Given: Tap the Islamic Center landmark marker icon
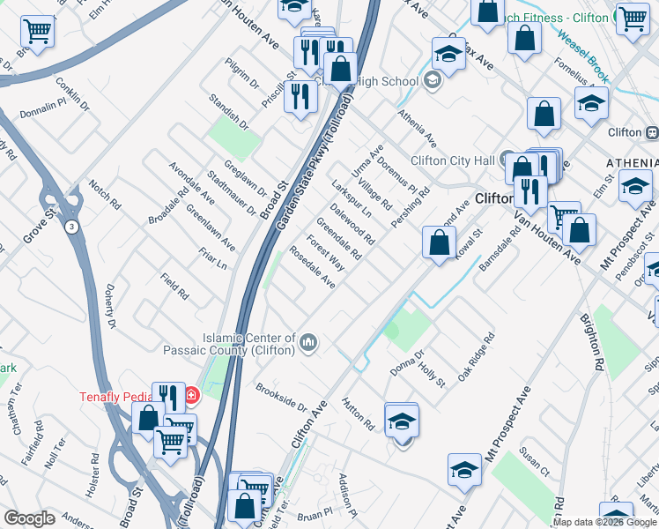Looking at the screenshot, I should coord(308,342).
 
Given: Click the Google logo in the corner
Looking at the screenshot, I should coord(29,518).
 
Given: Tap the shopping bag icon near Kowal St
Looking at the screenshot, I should coord(439,243).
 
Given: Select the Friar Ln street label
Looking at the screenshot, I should coord(213,259).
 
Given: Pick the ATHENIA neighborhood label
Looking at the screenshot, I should coord(632,164).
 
